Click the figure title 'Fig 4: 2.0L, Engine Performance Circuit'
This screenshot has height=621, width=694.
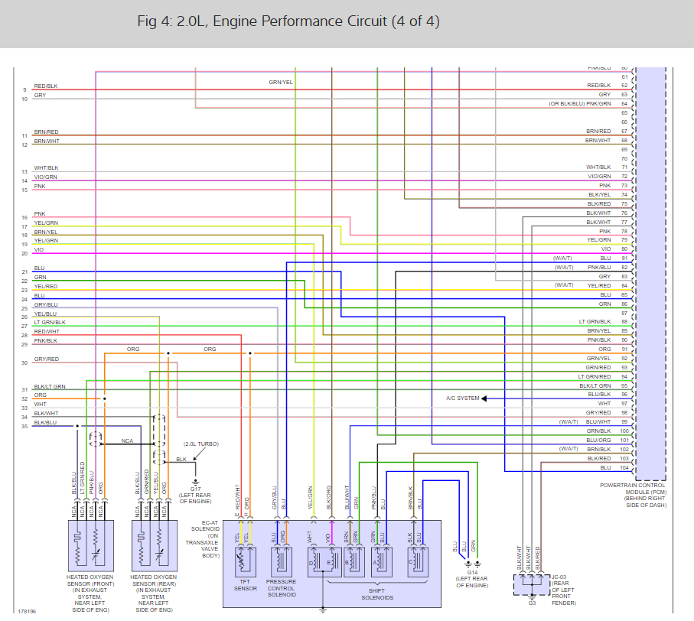click(288, 21)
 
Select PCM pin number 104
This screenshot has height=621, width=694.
click(624, 467)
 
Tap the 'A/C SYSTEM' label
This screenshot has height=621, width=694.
click(462, 398)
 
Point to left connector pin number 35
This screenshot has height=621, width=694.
click(24, 425)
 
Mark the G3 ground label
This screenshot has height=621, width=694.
click(532, 603)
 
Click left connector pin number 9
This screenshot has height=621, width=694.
click(24, 90)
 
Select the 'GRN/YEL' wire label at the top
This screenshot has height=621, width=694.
click(280, 82)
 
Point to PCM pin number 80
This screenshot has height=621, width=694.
click(624, 249)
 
